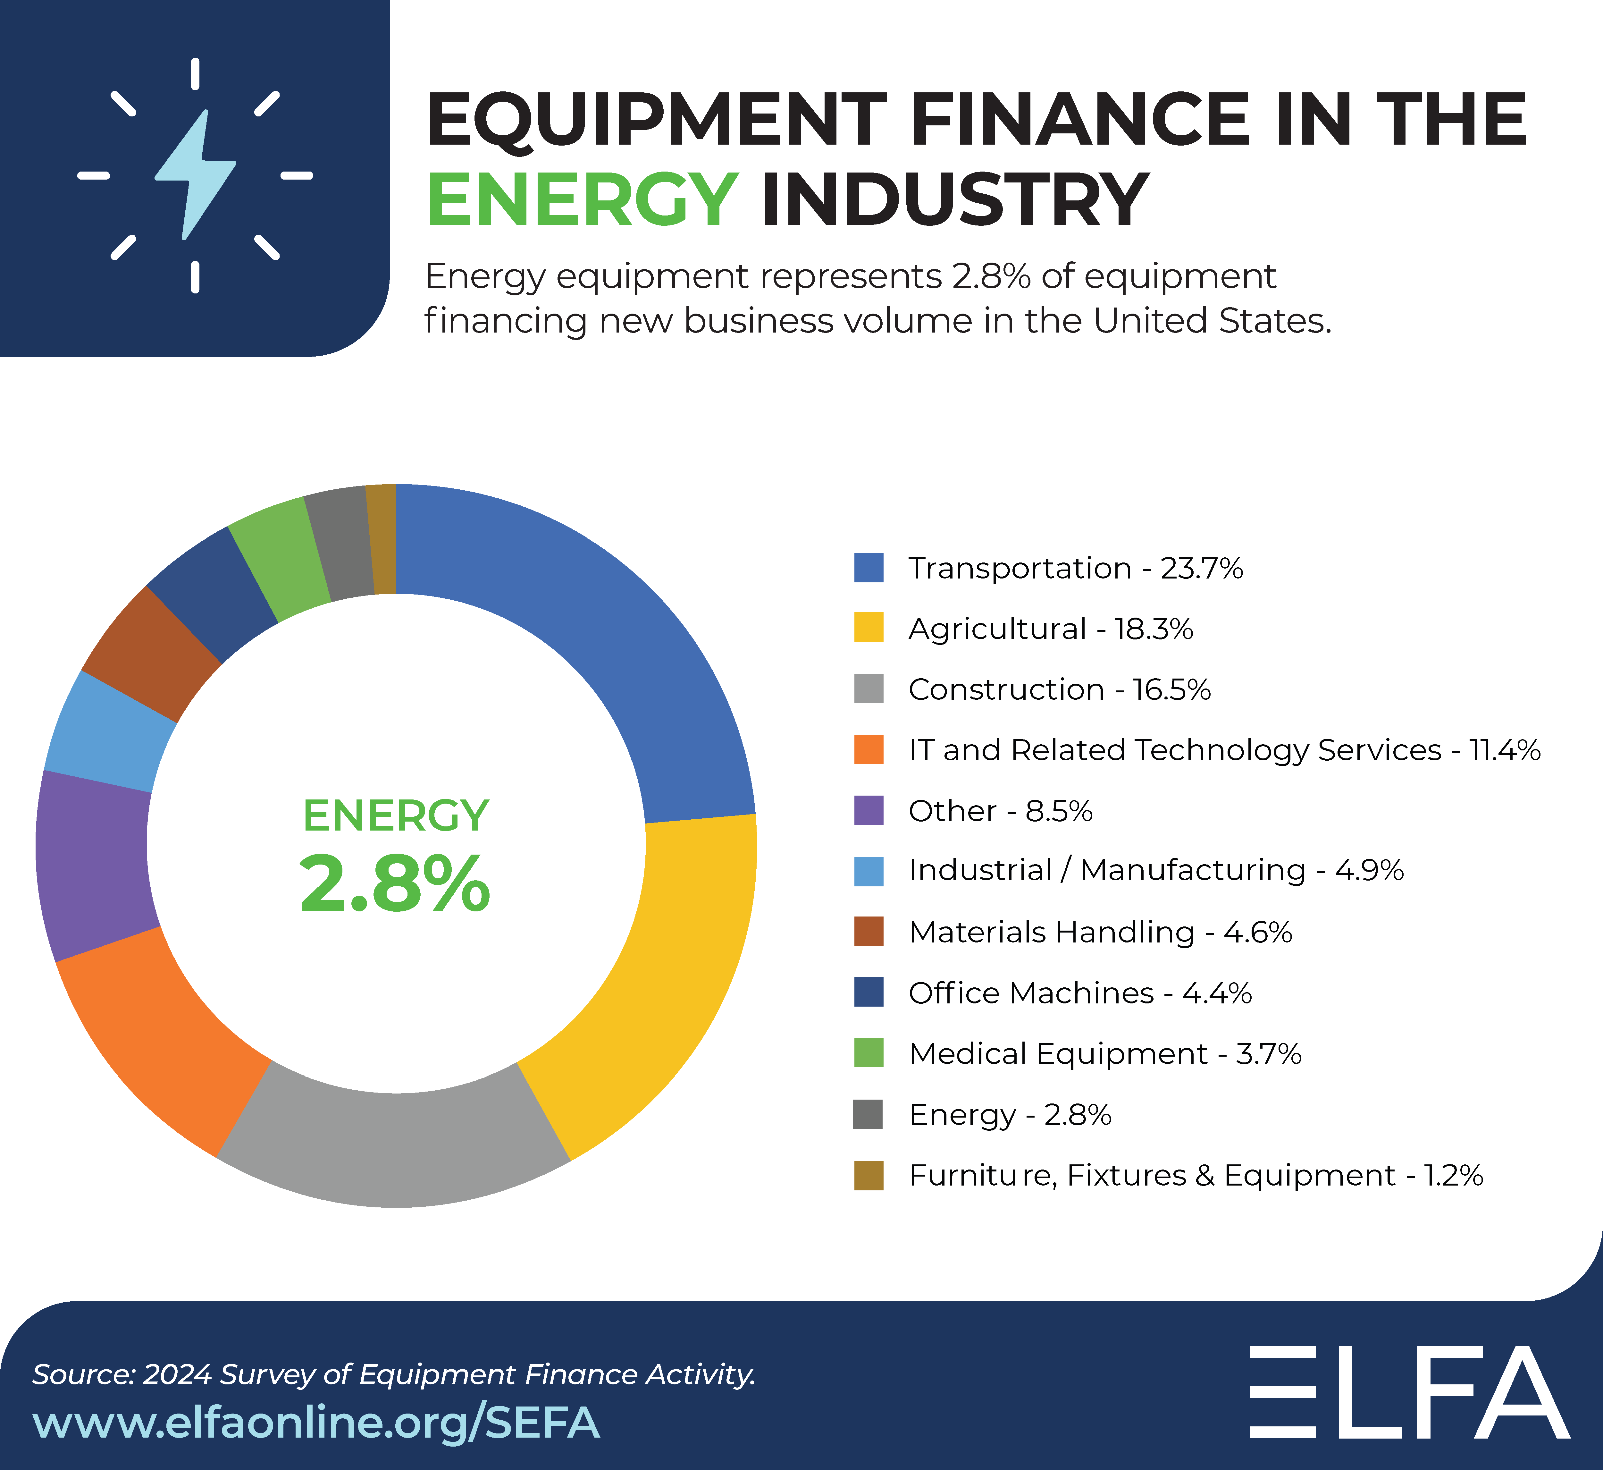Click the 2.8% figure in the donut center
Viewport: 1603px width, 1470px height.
[x=395, y=883]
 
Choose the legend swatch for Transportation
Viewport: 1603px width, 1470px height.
[x=868, y=568]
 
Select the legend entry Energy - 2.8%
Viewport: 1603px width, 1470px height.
[x=1010, y=1114]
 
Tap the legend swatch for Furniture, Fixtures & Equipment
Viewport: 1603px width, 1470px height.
[x=868, y=1175]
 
